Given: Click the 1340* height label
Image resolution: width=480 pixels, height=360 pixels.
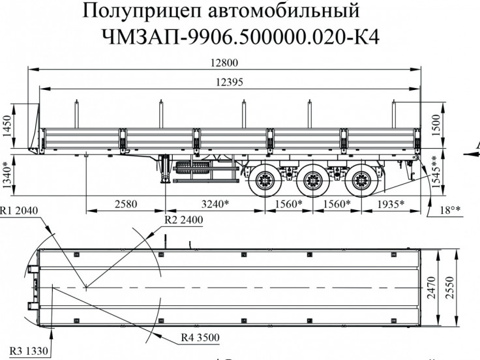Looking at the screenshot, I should pyautogui.click(x=8, y=175).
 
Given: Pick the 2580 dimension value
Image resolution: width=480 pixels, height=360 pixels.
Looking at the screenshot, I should pyautogui.click(x=126, y=203).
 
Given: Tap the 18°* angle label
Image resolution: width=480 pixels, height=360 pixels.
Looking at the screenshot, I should pyautogui.click(x=450, y=209).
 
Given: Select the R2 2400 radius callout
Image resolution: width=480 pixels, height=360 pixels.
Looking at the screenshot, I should pyautogui.click(x=183, y=220).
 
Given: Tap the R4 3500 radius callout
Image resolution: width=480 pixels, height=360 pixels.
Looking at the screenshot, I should pyautogui.click(x=201, y=337).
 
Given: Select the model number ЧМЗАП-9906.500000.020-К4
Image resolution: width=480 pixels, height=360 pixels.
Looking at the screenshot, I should pyautogui.click(x=240, y=38).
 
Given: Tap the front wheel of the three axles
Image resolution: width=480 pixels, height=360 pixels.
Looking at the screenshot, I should pyautogui.click(x=265, y=179).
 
